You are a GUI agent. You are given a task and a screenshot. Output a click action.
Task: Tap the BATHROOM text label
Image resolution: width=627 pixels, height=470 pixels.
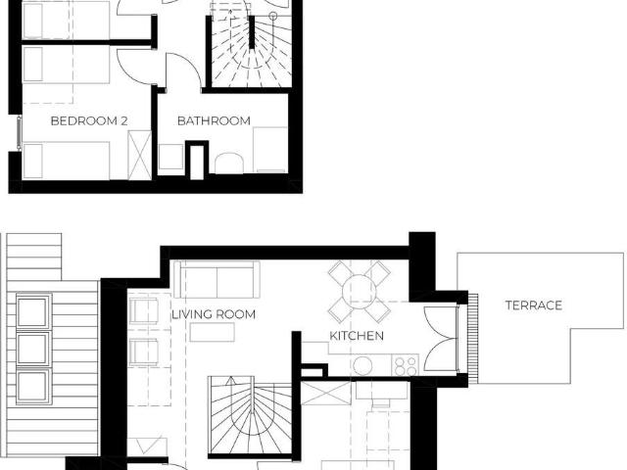[214, 120]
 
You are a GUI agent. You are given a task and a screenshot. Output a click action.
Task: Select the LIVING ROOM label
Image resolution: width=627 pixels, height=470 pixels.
[214, 314]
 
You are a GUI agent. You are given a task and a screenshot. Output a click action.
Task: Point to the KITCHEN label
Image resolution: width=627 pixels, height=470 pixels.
[357, 336]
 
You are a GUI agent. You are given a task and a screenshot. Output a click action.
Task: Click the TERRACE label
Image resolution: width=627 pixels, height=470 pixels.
[534, 305]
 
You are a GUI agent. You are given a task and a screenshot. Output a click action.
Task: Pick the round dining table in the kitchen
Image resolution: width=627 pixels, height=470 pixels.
[357, 291]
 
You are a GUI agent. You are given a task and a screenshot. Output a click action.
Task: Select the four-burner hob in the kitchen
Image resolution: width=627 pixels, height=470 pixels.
[405, 364]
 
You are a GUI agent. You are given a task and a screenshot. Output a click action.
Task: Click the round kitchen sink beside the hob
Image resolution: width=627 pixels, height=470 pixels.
[363, 365]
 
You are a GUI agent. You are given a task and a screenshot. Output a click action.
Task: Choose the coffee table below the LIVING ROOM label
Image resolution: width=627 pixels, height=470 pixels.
[213, 333]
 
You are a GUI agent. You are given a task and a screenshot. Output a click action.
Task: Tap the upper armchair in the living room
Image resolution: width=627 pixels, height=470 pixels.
[142, 311]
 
